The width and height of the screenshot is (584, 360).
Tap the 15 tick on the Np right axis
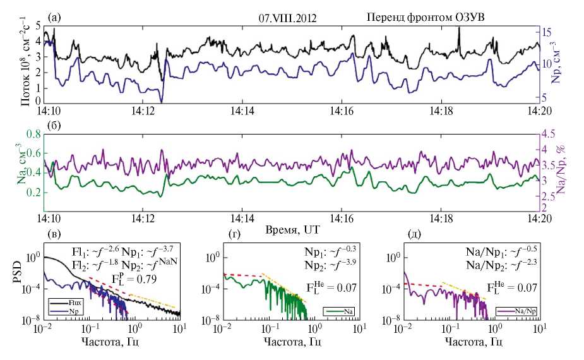tap(551, 32)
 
